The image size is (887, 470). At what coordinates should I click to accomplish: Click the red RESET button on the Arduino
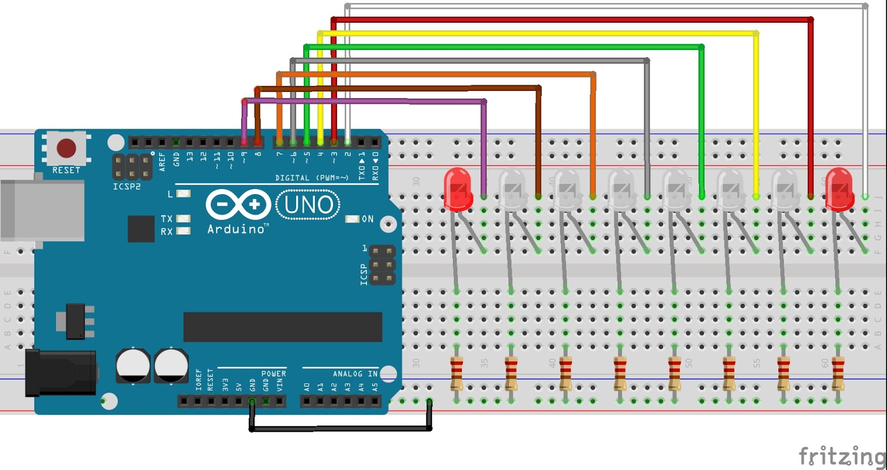click(x=66, y=148)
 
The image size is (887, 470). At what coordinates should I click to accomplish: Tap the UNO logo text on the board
click(x=308, y=205)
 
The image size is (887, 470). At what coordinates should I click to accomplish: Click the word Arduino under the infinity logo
click(x=236, y=229)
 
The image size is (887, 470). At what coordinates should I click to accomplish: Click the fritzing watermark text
click(x=842, y=456)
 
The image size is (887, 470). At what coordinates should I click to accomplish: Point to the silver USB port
click(x=42, y=210)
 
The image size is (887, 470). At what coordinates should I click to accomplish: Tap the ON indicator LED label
click(x=367, y=219)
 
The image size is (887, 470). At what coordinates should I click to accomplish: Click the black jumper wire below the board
click(x=340, y=428)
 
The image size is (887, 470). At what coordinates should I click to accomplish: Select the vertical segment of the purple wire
click(x=484, y=150)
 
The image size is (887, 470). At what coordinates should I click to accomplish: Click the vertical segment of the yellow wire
click(x=756, y=111)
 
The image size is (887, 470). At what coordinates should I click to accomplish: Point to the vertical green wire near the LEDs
click(x=701, y=122)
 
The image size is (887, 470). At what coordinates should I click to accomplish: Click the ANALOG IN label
click(x=355, y=374)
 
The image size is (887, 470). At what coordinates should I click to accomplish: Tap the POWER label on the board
click(x=273, y=374)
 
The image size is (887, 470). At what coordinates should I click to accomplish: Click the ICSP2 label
click(x=127, y=187)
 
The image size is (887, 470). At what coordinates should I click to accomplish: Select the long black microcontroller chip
click(x=282, y=327)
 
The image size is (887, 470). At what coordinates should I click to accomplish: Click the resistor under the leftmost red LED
click(x=456, y=374)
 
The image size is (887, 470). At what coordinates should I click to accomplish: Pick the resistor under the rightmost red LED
click(x=838, y=374)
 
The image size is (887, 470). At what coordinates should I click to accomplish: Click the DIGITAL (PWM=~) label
click(x=312, y=178)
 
